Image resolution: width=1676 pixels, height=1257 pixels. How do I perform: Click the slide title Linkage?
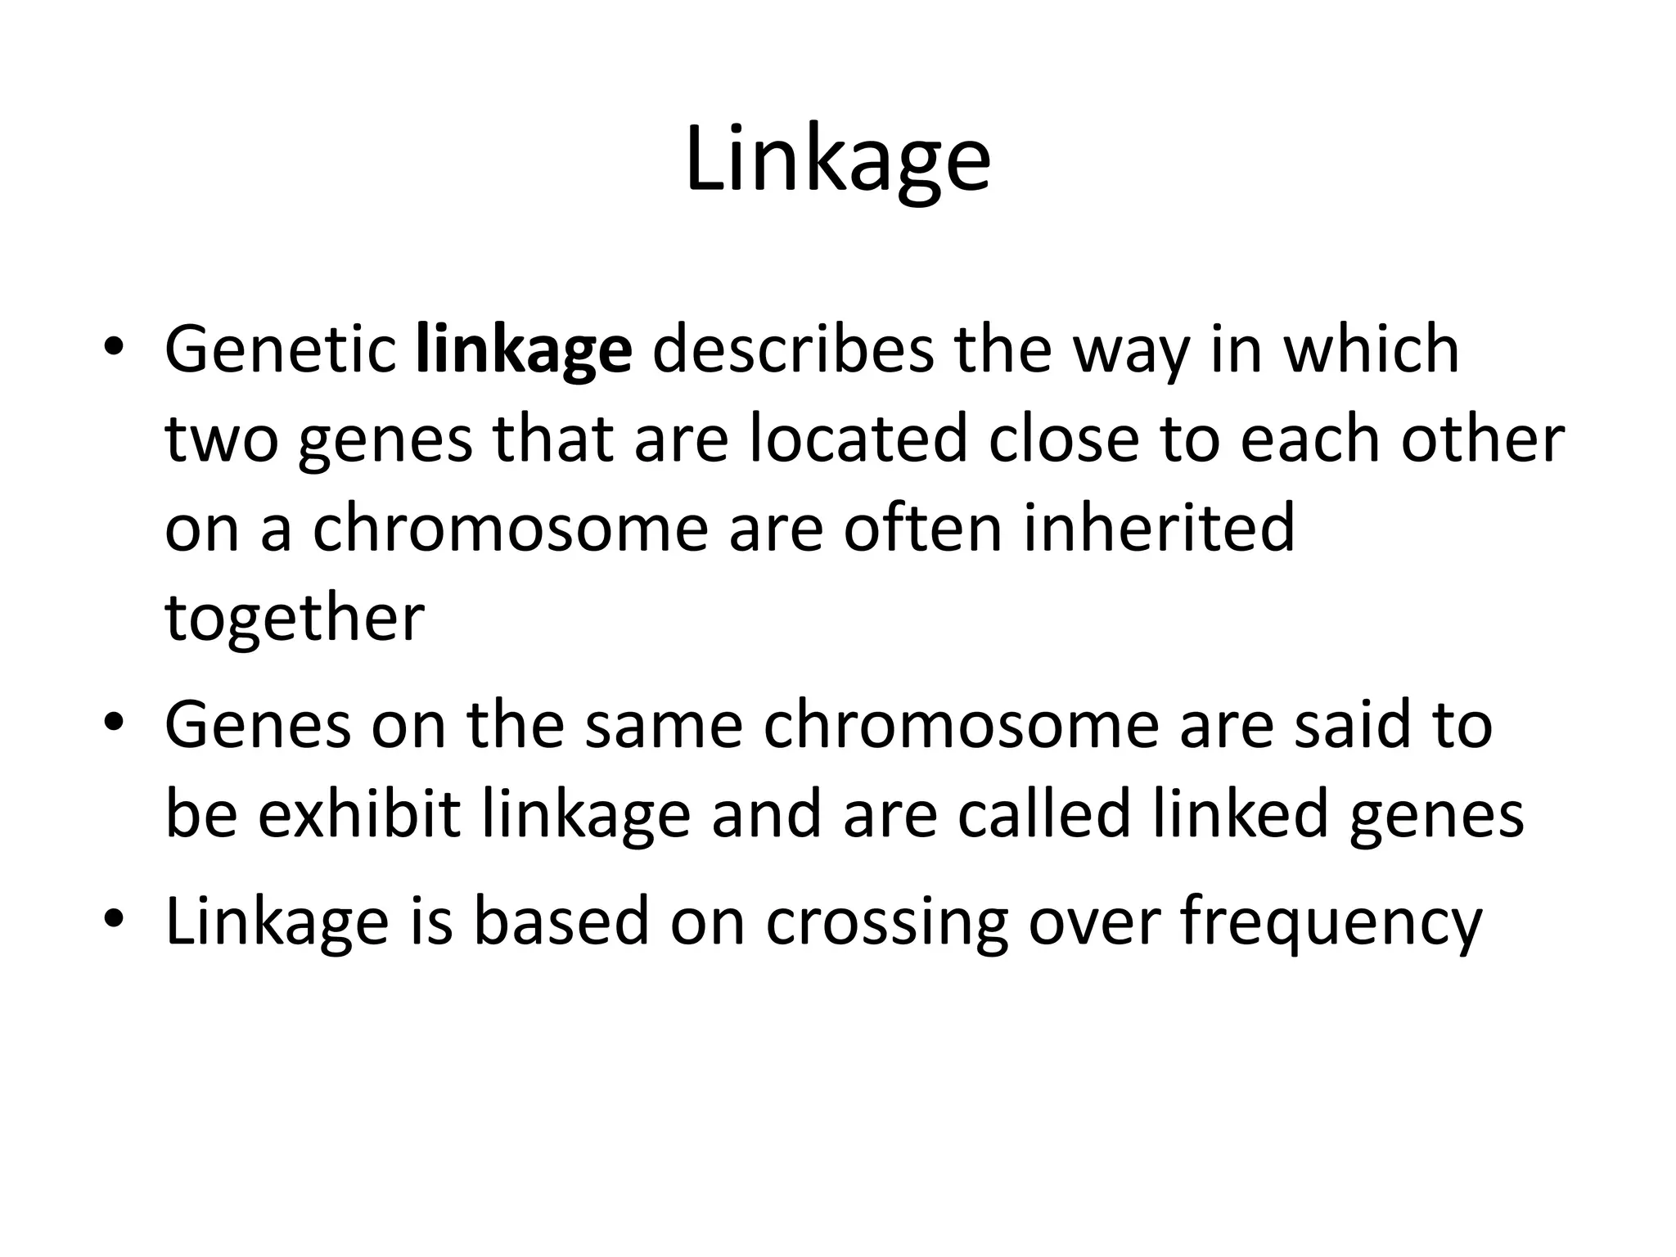[838, 160]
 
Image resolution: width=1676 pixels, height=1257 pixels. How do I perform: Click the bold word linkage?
[524, 350]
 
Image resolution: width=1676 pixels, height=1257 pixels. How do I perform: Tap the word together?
[295, 619]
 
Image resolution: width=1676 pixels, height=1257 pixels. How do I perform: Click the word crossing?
[887, 923]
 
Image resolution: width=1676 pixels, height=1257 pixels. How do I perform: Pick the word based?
[561, 921]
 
